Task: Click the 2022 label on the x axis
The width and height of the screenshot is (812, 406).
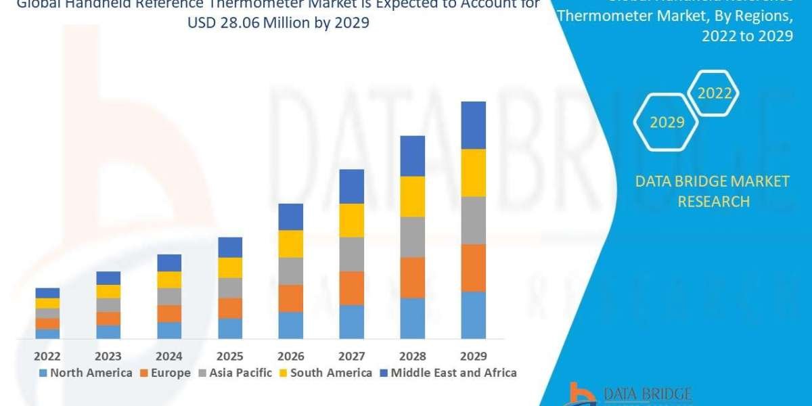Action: coord(47,356)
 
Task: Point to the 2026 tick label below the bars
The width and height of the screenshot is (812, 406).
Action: coord(291,356)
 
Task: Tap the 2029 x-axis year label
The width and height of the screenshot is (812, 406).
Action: coord(473,356)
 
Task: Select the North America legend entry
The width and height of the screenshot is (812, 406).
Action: coord(86,373)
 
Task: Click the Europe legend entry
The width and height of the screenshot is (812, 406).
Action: coord(166,373)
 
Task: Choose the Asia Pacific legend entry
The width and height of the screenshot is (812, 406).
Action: coord(235,373)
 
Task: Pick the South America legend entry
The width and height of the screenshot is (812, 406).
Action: coord(325,373)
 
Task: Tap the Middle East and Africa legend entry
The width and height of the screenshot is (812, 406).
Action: coord(447,373)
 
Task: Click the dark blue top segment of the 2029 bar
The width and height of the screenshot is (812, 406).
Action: coord(474,125)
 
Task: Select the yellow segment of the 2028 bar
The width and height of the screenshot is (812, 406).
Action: coord(413,196)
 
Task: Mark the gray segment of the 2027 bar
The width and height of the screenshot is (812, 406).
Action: coord(352,254)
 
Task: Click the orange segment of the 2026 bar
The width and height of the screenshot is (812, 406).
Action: coord(291,298)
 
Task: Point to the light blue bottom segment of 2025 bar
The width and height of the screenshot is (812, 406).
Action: coord(230,328)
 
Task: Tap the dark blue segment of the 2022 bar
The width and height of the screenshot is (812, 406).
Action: coord(47,292)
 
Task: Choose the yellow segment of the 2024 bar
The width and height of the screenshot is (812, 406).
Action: coord(169,279)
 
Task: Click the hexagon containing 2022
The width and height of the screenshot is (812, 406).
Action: coord(714,93)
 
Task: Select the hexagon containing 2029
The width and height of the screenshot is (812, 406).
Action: coord(667,122)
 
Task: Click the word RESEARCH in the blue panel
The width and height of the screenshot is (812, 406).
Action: coord(713,202)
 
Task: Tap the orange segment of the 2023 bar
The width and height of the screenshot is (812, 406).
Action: coord(108,318)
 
